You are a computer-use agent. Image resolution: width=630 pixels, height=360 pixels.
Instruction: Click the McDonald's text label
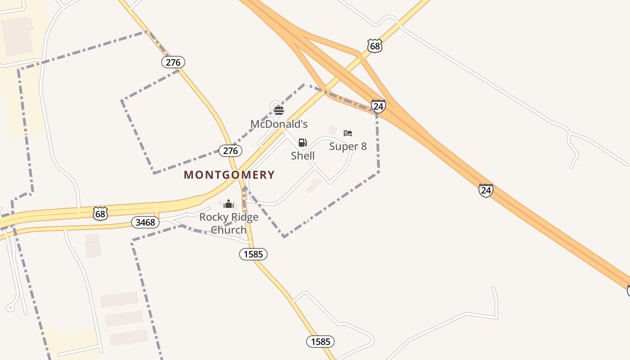[279, 124]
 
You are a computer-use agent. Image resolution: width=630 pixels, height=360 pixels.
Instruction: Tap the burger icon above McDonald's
[279, 110]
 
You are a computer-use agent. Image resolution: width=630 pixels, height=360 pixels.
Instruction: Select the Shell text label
[302, 156]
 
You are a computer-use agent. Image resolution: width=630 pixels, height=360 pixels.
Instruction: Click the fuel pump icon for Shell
[303, 143]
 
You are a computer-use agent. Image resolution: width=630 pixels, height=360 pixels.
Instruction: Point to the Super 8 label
[348, 146]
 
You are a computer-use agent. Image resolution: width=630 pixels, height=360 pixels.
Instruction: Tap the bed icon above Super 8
[348, 133]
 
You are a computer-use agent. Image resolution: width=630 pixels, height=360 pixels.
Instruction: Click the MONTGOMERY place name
[229, 175]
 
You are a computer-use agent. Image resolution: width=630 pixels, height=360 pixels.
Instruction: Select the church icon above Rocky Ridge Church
[229, 204]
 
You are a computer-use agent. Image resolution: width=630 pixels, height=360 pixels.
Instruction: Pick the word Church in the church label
[229, 229]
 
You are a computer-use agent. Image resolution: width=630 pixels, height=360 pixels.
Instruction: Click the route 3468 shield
[145, 222]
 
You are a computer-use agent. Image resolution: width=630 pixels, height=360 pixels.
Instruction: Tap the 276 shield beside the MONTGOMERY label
[230, 150]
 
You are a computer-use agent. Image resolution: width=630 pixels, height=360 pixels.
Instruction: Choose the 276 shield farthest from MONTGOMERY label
[173, 62]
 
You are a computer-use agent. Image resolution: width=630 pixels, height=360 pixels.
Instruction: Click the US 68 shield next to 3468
[100, 213]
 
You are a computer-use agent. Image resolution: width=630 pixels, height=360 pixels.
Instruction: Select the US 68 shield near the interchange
[374, 45]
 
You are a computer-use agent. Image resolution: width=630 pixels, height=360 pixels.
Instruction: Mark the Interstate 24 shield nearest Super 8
[378, 106]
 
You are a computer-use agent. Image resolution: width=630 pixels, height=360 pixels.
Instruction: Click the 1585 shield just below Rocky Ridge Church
[253, 254]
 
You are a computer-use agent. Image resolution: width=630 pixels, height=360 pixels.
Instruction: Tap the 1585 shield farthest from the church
[320, 342]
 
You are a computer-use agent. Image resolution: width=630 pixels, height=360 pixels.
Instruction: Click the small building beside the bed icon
[333, 130]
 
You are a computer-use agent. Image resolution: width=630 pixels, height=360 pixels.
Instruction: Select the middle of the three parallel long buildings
[124, 318]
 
